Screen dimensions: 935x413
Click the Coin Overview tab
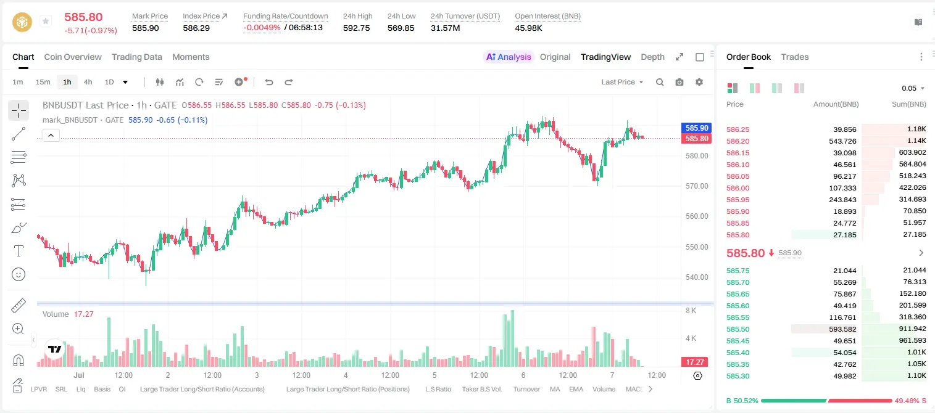click(x=73, y=57)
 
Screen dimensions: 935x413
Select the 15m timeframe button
click(x=43, y=82)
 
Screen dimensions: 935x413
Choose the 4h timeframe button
click(x=88, y=82)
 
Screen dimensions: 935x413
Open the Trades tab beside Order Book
click(x=795, y=57)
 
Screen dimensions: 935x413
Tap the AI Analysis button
click(x=509, y=57)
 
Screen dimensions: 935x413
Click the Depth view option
click(x=652, y=57)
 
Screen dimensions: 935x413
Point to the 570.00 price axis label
click(x=697, y=186)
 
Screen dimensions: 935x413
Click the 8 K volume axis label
click(x=691, y=311)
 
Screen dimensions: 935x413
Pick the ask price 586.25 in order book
click(x=738, y=129)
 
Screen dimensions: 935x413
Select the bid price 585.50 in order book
click(x=738, y=329)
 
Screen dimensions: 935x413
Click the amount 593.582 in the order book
click(x=842, y=329)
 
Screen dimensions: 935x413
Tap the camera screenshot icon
click(x=679, y=82)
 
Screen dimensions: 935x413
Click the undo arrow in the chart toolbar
click(x=269, y=82)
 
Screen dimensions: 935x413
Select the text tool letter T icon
click(x=19, y=251)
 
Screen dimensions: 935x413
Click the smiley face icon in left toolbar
click(x=19, y=274)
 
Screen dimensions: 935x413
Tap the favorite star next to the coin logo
click(x=46, y=21)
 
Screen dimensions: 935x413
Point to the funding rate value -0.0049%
click(x=262, y=28)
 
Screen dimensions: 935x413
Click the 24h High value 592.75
click(x=357, y=28)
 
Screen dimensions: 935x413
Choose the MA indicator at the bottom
click(x=555, y=389)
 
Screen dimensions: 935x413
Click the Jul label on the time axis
click(x=79, y=375)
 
